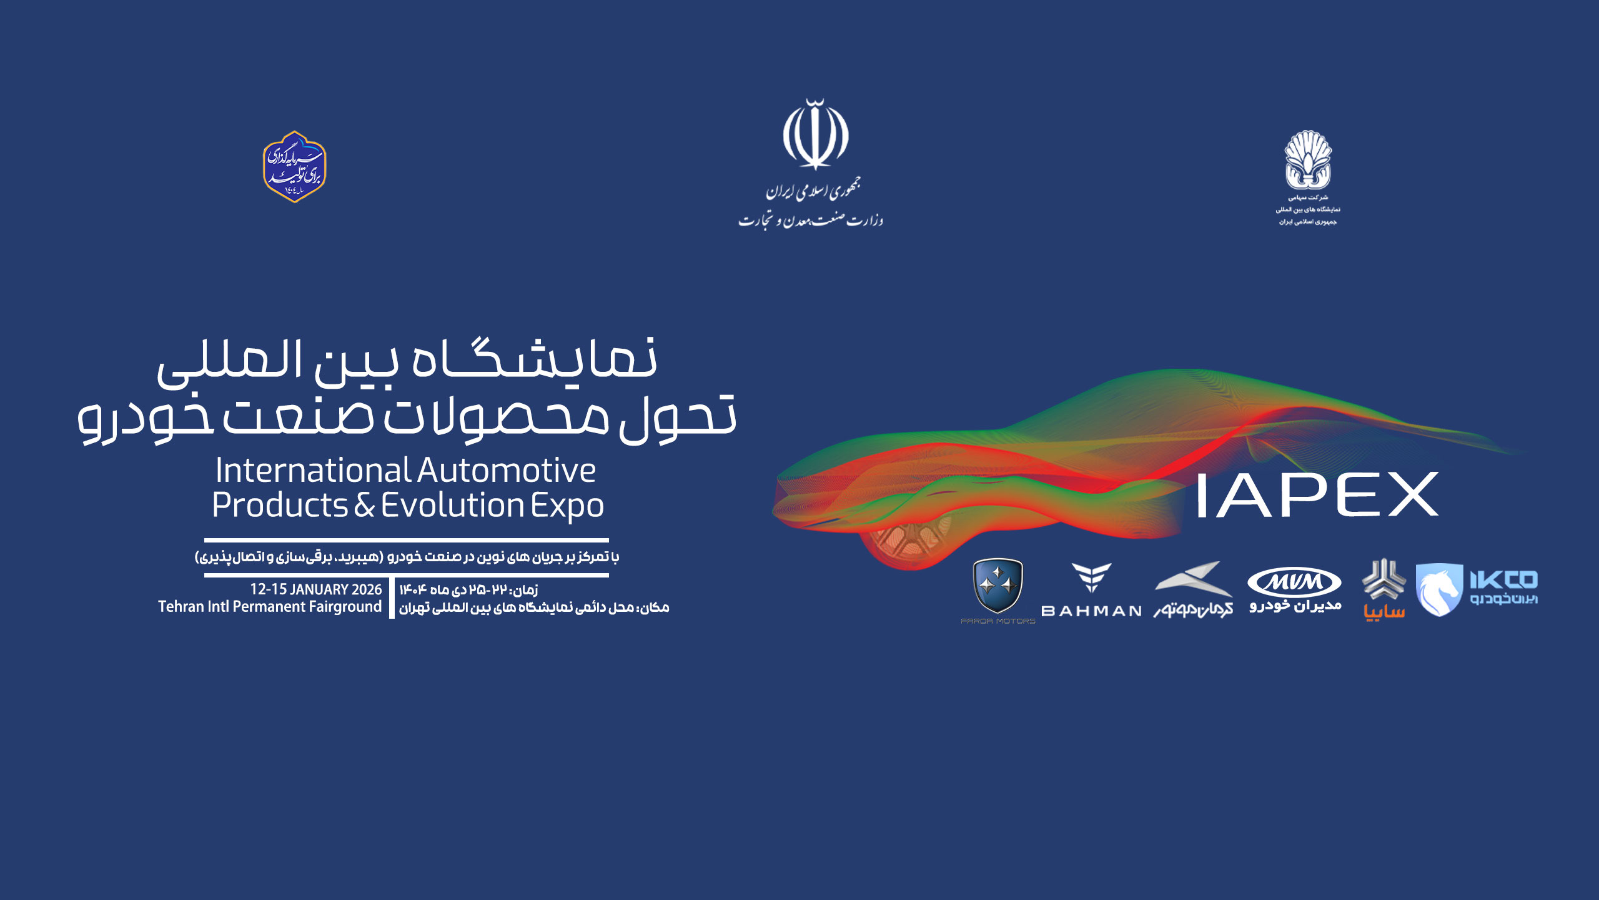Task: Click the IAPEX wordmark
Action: (x=1317, y=495)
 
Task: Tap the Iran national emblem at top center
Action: (x=816, y=135)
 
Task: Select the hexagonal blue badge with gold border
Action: (x=295, y=167)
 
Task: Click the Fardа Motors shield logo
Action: (x=998, y=586)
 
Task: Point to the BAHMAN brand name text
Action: (x=1091, y=611)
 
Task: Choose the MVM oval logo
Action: (x=1294, y=582)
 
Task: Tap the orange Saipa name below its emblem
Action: (x=1384, y=612)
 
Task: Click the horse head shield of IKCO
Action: (x=1438, y=590)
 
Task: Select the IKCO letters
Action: (x=1503, y=580)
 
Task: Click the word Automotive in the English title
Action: (x=507, y=471)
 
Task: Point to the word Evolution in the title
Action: (x=452, y=505)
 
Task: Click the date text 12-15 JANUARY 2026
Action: (x=315, y=589)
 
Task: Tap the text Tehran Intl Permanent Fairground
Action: (x=270, y=607)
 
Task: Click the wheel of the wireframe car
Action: (x=900, y=543)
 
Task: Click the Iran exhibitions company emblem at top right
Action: (x=1307, y=160)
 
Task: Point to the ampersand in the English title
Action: (x=364, y=505)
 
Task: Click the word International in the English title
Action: (x=313, y=471)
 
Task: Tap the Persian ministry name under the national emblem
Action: (x=811, y=220)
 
